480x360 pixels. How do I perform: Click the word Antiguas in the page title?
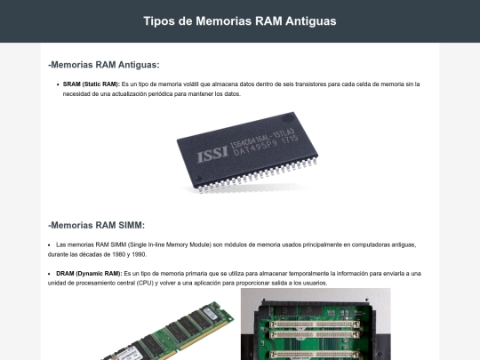[311, 21]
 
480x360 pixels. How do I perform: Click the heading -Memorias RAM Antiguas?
[104, 65]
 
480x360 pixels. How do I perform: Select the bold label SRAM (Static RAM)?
[92, 84]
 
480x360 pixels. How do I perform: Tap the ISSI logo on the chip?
[212, 154]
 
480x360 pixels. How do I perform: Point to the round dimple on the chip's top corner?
[288, 118]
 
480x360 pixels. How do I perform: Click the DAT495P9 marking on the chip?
[255, 148]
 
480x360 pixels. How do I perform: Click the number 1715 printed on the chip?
[290, 140]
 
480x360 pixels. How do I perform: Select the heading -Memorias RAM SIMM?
[96, 225]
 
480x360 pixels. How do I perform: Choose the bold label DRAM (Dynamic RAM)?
[89, 274]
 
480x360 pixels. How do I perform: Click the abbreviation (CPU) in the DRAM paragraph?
[145, 284]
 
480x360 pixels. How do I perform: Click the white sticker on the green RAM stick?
[211, 313]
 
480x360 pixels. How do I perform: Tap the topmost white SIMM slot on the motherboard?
[315, 324]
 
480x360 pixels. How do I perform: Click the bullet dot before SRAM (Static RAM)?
[58, 84]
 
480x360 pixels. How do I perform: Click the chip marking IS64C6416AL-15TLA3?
[262, 137]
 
